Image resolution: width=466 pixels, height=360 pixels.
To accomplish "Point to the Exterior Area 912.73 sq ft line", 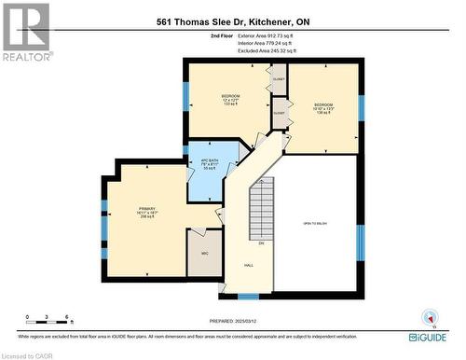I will pyautogui.click(x=265, y=35).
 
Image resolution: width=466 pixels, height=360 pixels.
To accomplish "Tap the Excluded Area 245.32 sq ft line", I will pyautogui.click(x=265, y=50).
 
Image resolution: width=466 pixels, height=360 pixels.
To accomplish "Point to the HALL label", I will pyautogui.click(x=249, y=264).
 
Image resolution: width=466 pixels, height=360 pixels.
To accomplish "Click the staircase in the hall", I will pyautogui.click(x=262, y=210).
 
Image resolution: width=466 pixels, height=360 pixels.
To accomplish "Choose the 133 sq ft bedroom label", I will pyautogui.click(x=231, y=100).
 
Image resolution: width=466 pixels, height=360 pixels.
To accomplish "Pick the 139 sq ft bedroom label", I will pyautogui.click(x=323, y=106).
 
